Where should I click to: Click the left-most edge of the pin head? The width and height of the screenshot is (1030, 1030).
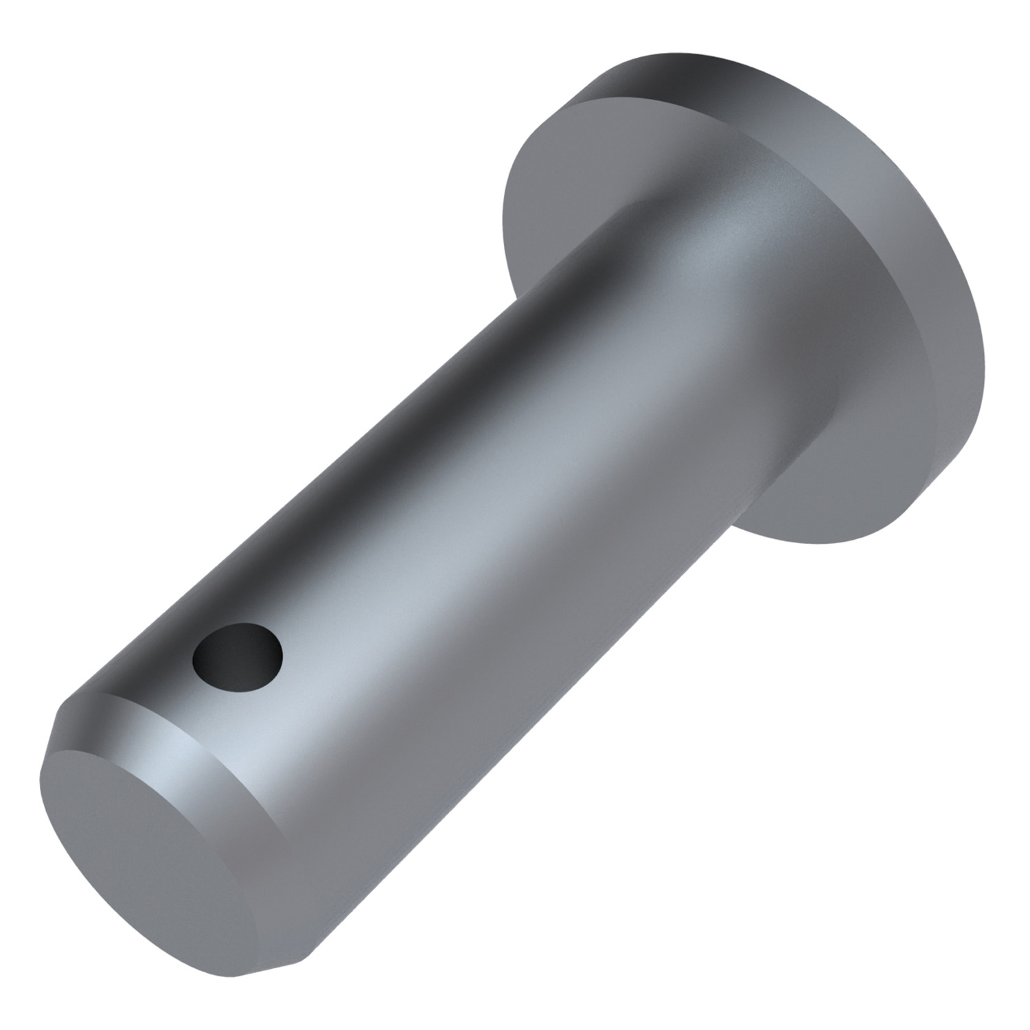[505, 213]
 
